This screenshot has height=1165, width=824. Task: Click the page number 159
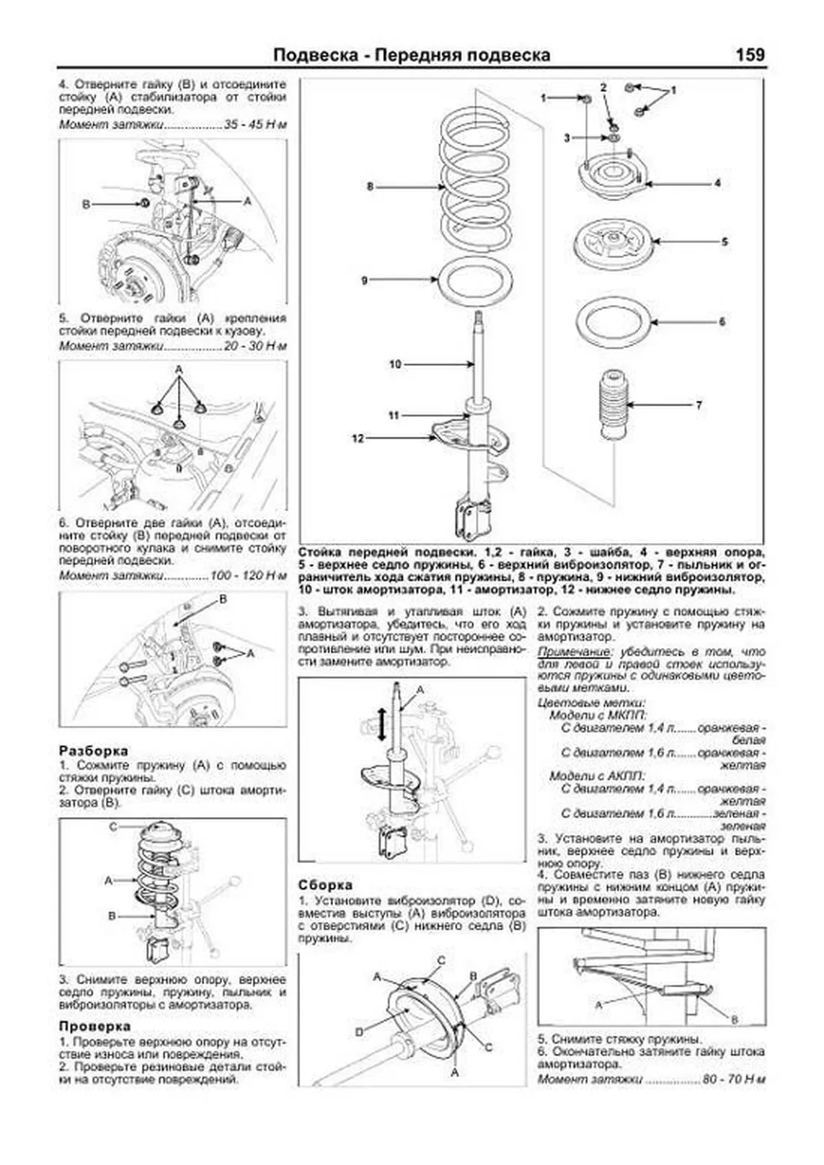(x=749, y=55)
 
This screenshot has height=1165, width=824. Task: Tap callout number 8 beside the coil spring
(x=370, y=186)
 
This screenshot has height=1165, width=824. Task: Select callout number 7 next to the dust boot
(x=699, y=405)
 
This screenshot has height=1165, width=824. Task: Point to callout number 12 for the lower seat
(x=358, y=438)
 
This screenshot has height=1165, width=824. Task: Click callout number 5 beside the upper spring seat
(x=724, y=242)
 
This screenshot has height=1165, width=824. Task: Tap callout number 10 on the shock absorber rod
(x=395, y=364)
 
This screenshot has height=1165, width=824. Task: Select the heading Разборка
(x=93, y=750)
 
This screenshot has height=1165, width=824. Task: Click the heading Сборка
(x=325, y=885)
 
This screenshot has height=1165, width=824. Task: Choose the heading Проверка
(x=95, y=1026)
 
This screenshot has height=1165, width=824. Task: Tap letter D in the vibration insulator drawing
(x=359, y=1032)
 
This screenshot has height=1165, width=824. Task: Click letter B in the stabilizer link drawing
(x=86, y=204)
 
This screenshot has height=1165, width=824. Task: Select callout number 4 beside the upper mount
(x=717, y=183)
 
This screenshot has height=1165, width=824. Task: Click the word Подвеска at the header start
(x=315, y=55)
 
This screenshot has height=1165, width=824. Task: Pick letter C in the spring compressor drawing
(x=113, y=827)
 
